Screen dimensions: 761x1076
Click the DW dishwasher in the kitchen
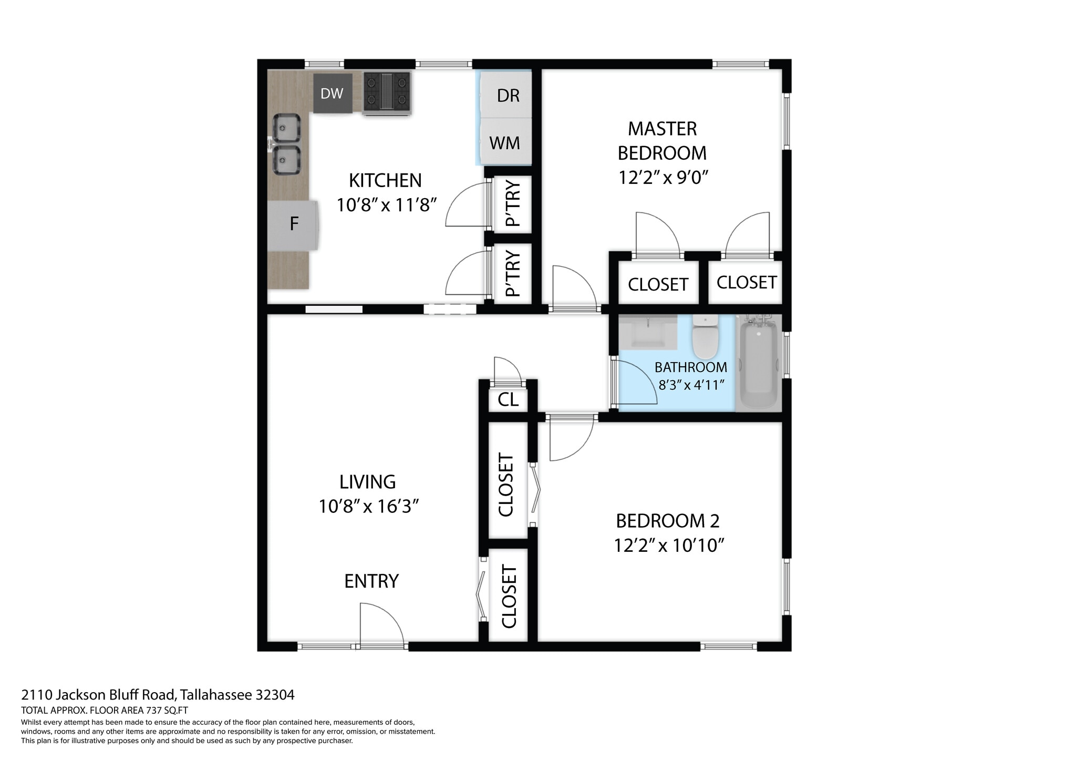point(332,94)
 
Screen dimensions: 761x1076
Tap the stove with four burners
point(387,93)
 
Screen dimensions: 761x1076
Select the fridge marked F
point(294,224)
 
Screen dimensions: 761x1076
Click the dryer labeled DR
point(507,95)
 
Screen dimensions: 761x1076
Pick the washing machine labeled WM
point(505,142)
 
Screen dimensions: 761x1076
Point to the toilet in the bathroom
point(705,336)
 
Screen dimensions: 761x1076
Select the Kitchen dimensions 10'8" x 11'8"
point(387,205)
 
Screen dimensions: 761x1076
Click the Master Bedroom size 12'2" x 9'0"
point(663,178)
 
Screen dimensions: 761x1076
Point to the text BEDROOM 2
point(667,521)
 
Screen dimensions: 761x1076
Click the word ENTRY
point(371,581)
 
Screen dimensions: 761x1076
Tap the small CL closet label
point(508,399)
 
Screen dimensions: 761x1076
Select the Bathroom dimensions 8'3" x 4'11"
point(691,385)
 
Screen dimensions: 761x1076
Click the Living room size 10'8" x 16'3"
point(368,507)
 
